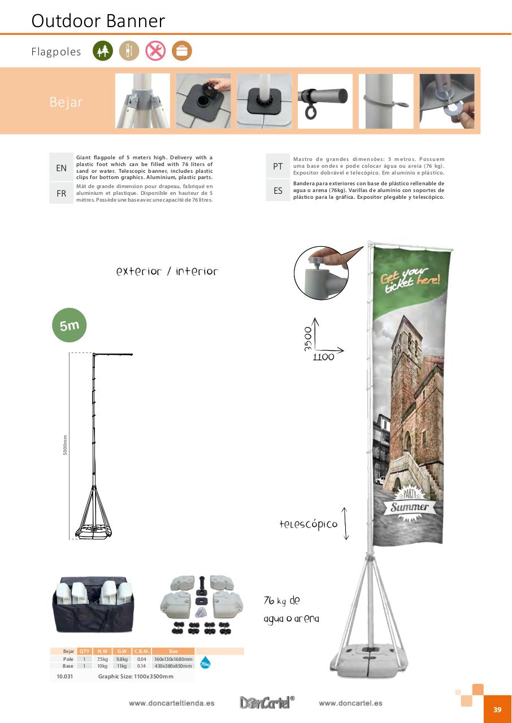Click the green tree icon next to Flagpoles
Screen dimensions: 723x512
click(103, 51)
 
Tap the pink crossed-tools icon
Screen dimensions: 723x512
click(155, 51)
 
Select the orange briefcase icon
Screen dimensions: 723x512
click(182, 51)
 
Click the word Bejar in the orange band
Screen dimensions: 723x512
click(66, 102)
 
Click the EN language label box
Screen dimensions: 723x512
click(61, 168)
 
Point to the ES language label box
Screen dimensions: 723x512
click(277, 191)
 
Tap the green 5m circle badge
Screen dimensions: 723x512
click(70, 325)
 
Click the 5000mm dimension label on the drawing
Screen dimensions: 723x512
click(65, 445)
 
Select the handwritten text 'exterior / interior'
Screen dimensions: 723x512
click(167, 272)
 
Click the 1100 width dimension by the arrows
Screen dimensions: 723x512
click(323, 357)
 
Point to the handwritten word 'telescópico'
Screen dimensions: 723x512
click(309, 524)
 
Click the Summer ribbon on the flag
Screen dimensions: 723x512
click(410, 507)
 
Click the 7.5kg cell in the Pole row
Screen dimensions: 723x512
click(102, 659)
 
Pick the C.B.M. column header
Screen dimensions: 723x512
click(141, 651)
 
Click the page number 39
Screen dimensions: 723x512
click(497, 709)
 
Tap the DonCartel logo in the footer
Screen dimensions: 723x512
click(267, 703)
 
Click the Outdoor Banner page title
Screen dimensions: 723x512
click(98, 20)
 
